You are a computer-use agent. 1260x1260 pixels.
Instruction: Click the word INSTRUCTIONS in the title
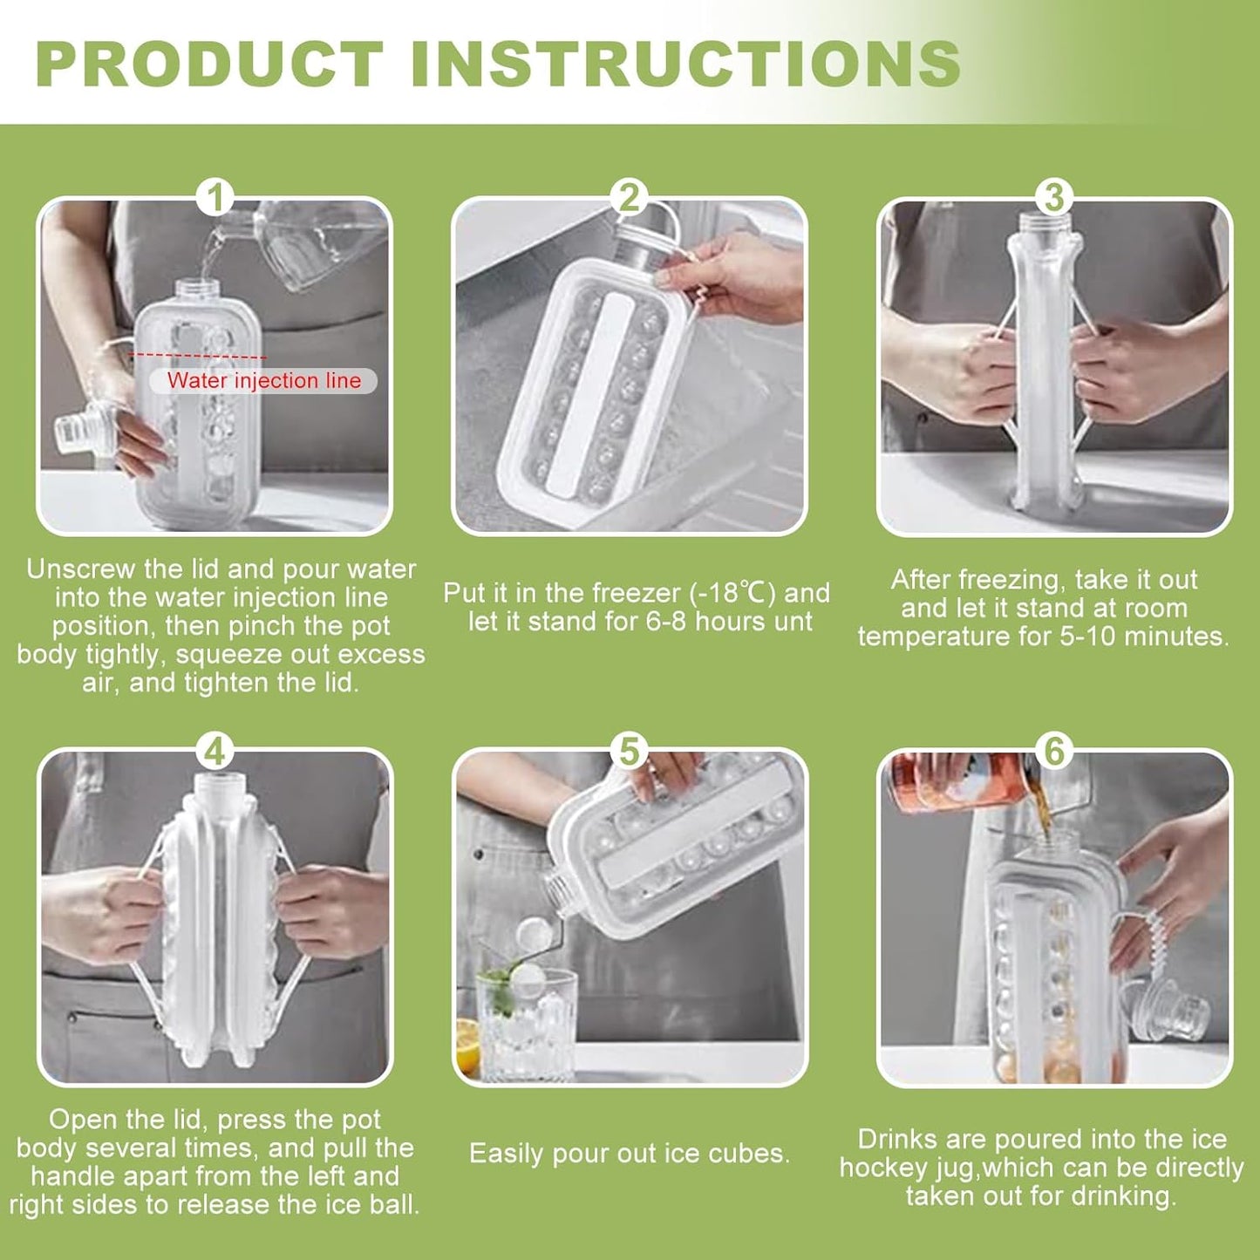click(x=685, y=64)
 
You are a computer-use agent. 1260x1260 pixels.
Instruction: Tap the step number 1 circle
click(x=215, y=198)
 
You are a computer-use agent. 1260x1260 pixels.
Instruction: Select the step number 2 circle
click(x=630, y=198)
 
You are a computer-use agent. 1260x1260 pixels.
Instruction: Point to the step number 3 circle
click(x=1053, y=198)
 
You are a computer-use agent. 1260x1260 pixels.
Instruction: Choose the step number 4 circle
click(x=215, y=751)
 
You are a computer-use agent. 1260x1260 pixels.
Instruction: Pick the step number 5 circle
click(x=630, y=751)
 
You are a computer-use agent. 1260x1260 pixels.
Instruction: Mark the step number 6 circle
click(x=1053, y=751)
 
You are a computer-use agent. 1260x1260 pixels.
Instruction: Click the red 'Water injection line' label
click(x=263, y=381)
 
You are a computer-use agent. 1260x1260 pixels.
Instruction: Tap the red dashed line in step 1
click(x=199, y=356)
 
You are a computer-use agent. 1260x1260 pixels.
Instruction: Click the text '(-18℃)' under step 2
click(x=732, y=593)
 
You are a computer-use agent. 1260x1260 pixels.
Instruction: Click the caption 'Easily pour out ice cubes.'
click(x=630, y=1154)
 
